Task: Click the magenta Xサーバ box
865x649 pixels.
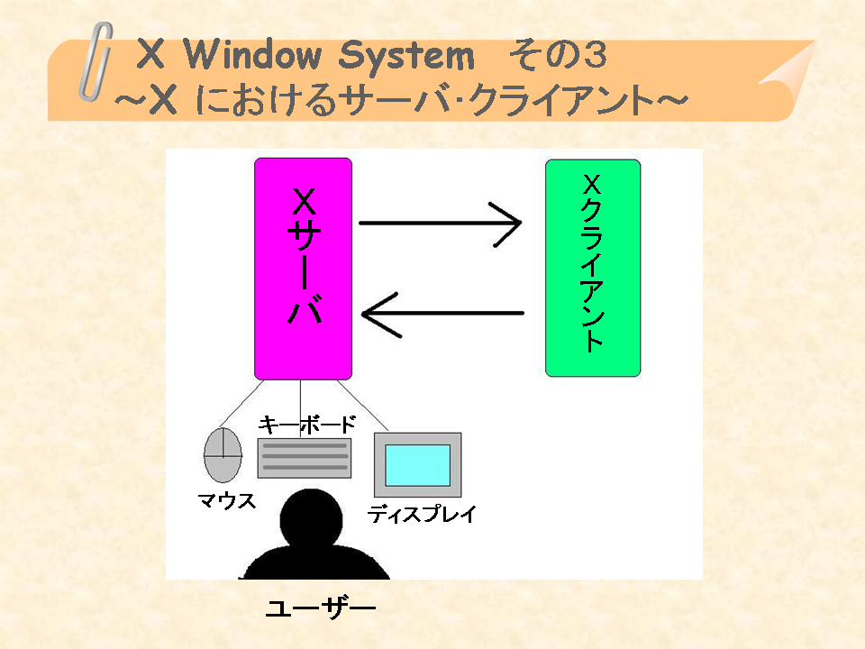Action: pyautogui.click(x=303, y=269)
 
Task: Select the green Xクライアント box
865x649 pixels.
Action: pyautogui.click(x=593, y=269)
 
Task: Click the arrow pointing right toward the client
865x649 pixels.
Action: pyautogui.click(x=441, y=224)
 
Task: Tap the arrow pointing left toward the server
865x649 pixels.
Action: pyautogui.click(x=442, y=314)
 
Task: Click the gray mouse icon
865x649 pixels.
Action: pyautogui.click(x=223, y=455)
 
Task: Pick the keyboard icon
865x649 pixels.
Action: pyautogui.click(x=305, y=458)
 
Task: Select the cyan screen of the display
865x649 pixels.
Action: pyautogui.click(x=417, y=465)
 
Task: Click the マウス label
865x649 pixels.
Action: pyautogui.click(x=227, y=500)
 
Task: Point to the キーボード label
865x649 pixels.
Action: pyautogui.click(x=306, y=425)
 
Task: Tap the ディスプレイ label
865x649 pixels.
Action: pyautogui.click(x=422, y=514)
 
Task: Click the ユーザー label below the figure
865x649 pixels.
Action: pyautogui.click(x=321, y=608)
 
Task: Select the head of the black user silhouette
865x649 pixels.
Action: pyautogui.click(x=311, y=519)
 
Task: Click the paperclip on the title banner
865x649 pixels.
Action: pyautogui.click(x=96, y=62)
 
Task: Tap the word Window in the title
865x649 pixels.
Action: pyautogui.click(x=251, y=55)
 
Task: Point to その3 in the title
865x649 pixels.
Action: pyautogui.click(x=558, y=55)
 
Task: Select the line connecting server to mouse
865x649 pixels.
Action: pyautogui.click(x=241, y=404)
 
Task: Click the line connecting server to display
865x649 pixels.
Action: pyautogui.click(x=362, y=405)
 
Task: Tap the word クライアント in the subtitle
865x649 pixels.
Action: pyautogui.click(x=567, y=100)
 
